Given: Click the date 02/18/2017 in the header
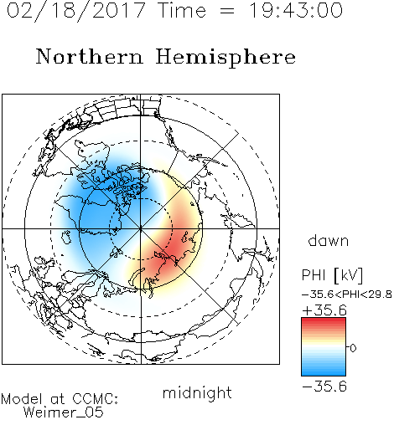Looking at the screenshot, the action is (x=76, y=10).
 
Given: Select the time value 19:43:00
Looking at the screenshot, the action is (x=295, y=10).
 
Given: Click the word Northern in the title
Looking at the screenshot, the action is (x=90, y=56).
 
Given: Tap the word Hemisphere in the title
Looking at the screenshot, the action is (x=226, y=58).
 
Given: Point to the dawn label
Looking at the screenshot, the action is (x=329, y=240).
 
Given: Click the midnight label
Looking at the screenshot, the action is (x=197, y=392).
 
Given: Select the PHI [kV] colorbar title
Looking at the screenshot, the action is (x=332, y=275).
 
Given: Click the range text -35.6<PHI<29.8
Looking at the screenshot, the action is (x=346, y=294).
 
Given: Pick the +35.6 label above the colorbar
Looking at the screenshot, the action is (x=324, y=310).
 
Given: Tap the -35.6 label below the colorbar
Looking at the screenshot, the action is (x=324, y=387).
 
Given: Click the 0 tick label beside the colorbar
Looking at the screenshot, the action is (x=353, y=348).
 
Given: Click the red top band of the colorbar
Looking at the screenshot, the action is (x=324, y=321).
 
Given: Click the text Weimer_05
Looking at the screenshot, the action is (x=64, y=412).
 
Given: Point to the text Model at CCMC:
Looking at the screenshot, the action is (x=60, y=399).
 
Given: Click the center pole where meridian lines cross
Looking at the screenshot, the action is (x=141, y=228).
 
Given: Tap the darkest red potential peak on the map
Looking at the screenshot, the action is (x=171, y=250).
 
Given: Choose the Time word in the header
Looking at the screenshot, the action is (x=182, y=10).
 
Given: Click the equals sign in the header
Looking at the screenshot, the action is (x=227, y=12).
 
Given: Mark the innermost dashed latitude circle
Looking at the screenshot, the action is (x=109, y=228).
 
